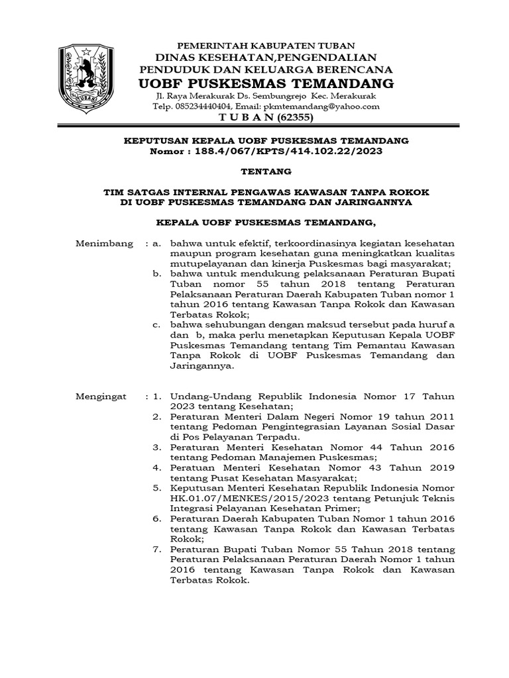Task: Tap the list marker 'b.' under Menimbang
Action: coord(156,272)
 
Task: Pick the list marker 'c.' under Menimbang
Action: coord(156,324)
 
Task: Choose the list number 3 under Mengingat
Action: coord(156,447)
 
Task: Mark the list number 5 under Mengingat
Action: coord(156,487)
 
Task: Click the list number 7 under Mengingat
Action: coord(156,549)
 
